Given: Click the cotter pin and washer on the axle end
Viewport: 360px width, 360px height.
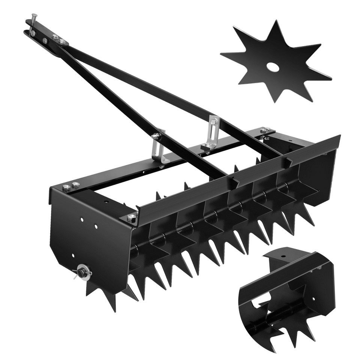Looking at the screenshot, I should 82,272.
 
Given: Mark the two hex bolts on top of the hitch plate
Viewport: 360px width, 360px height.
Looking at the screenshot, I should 58,39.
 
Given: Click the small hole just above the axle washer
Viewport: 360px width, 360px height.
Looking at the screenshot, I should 73,256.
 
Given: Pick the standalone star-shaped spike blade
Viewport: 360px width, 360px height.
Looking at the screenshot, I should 276,62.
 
